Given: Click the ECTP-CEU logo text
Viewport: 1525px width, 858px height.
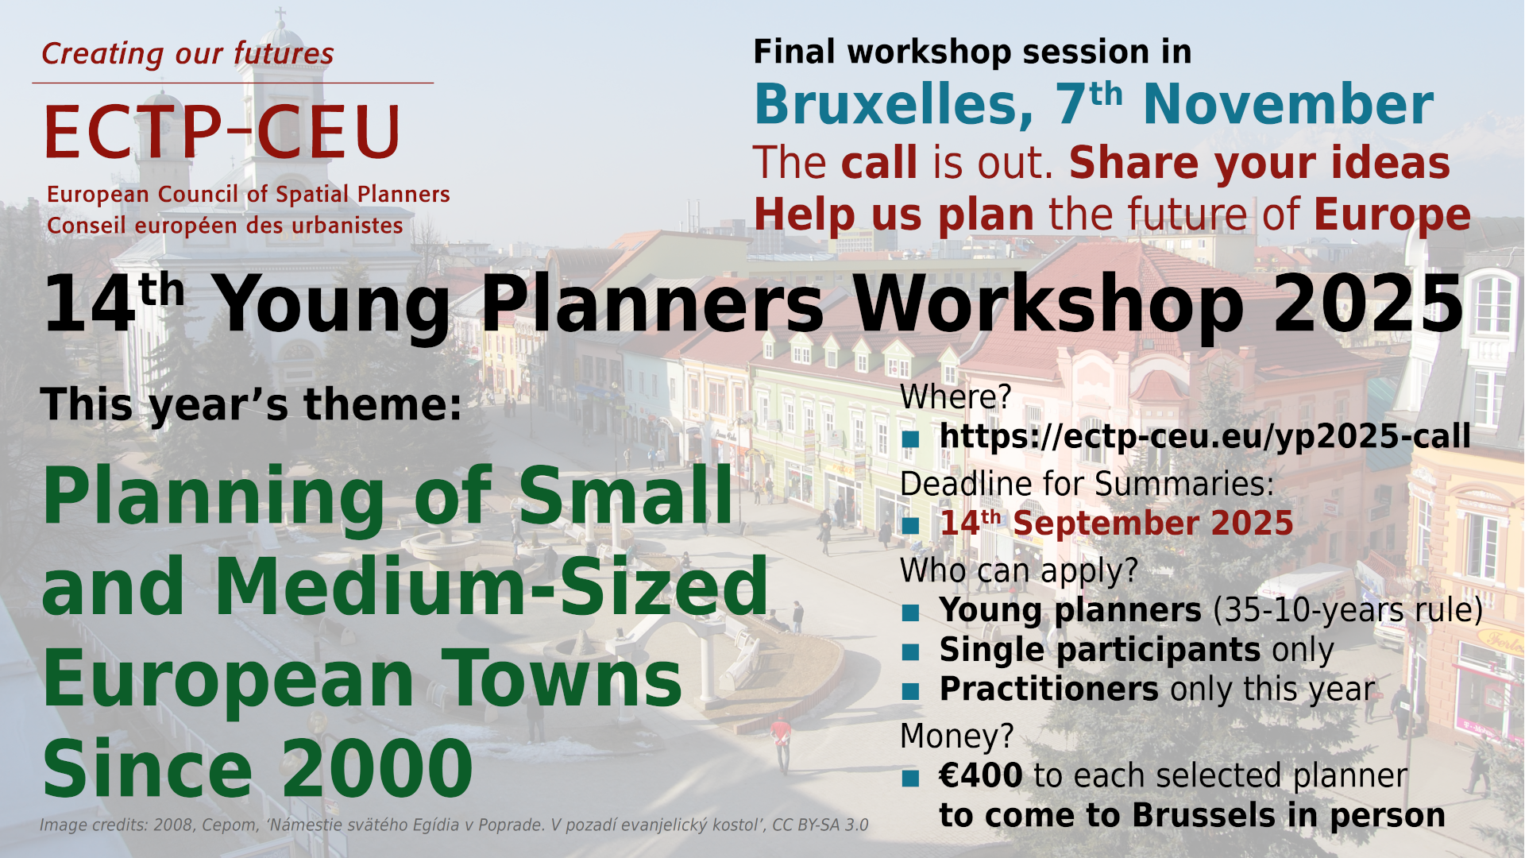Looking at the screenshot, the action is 223,132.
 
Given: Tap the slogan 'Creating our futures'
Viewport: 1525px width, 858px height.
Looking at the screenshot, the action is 187,53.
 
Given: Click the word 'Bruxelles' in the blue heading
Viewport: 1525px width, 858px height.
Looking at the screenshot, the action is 894,105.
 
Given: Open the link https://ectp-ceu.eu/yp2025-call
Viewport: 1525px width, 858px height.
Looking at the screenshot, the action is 1205,436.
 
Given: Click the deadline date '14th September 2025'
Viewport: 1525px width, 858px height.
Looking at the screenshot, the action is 1117,523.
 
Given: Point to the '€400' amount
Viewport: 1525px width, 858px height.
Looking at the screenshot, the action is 981,775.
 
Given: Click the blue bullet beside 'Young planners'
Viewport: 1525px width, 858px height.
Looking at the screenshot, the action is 910,613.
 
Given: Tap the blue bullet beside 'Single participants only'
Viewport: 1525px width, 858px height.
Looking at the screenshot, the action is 910,652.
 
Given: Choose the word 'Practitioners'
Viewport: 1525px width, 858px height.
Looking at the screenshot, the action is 1048,689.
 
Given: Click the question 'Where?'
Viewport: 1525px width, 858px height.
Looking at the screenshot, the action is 956,396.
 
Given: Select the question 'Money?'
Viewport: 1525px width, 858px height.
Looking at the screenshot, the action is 957,736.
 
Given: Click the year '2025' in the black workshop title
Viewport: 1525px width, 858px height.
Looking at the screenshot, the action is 1369,304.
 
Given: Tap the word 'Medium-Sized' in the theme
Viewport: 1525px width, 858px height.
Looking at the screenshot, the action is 491,586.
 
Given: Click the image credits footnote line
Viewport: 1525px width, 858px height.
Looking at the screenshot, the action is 454,825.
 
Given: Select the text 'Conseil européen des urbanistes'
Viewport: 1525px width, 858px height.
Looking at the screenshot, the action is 225,226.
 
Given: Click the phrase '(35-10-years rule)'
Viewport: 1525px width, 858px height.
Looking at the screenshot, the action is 1348,610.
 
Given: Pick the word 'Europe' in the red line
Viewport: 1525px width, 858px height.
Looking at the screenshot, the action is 1392,214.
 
